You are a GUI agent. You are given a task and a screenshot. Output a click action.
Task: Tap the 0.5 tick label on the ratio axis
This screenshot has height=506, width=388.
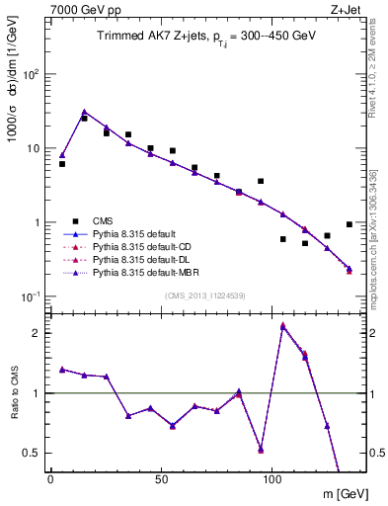[32, 453]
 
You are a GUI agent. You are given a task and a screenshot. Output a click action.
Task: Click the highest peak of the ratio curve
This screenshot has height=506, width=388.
[283, 325]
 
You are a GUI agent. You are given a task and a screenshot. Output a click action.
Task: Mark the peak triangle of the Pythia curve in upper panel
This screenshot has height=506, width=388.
[84, 112]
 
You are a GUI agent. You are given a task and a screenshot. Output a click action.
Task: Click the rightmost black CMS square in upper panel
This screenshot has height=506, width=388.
[349, 224]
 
